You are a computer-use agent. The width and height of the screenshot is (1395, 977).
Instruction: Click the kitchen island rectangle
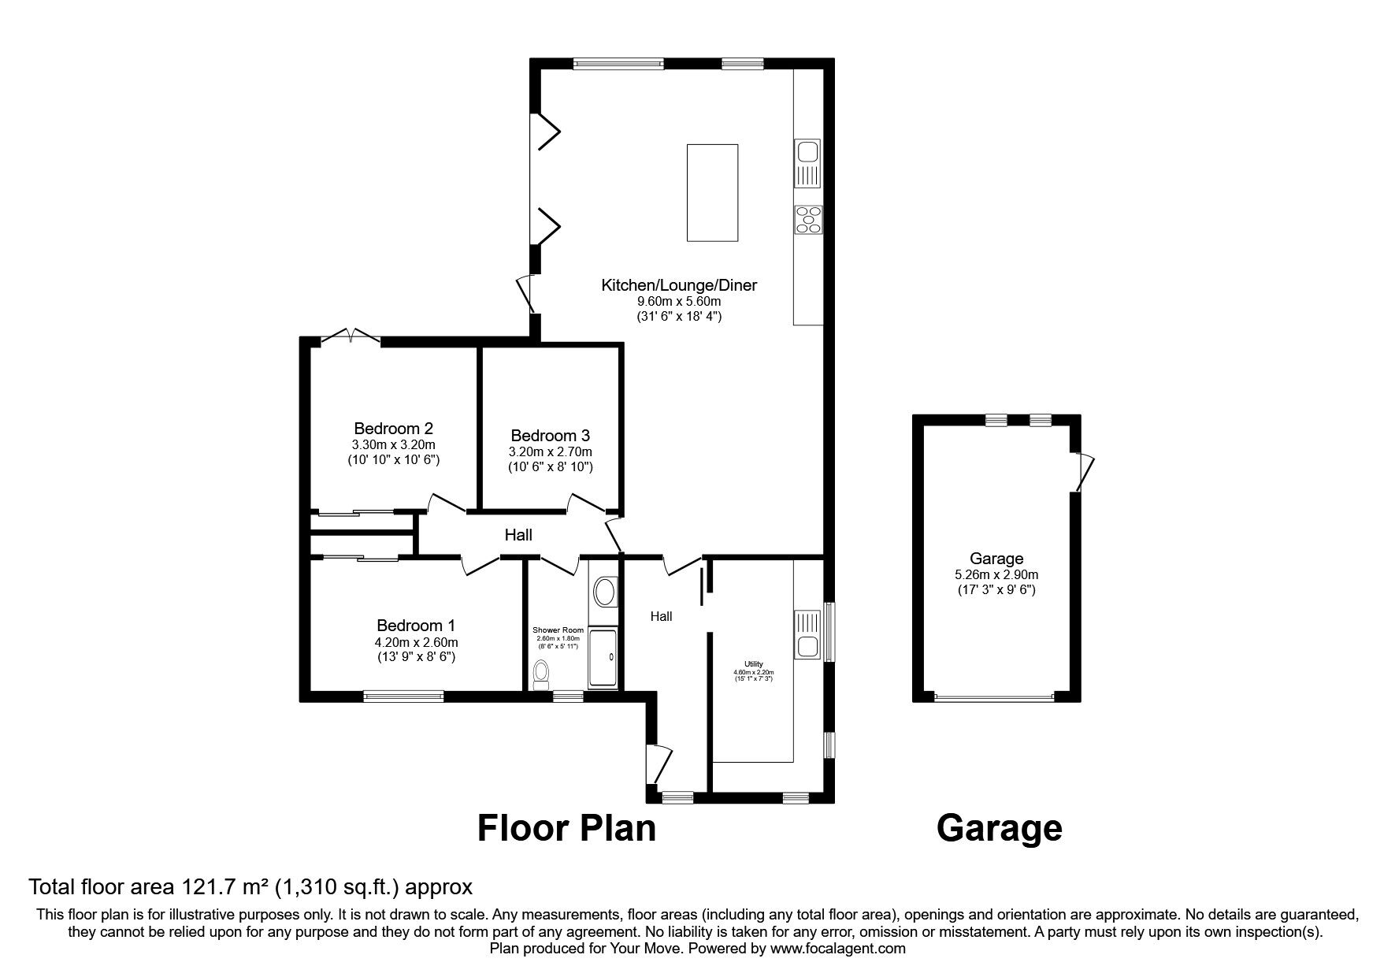tap(712, 192)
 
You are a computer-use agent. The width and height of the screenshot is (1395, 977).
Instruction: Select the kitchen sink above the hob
tap(809, 164)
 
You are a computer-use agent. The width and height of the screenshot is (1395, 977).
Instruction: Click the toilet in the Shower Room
tap(541, 674)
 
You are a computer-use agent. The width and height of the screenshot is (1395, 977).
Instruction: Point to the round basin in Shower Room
tap(605, 590)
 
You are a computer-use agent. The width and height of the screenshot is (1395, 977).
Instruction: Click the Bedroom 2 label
tap(393, 429)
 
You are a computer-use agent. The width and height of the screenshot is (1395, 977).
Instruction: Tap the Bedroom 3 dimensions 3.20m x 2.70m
tap(550, 451)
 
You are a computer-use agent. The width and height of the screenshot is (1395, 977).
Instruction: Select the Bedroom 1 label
tap(415, 626)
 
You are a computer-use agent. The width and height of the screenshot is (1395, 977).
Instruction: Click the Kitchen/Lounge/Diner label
tap(678, 285)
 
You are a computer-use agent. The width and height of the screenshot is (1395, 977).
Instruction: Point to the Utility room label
tap(754, 664)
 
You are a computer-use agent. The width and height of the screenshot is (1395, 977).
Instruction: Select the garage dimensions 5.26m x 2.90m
tap(996, 574)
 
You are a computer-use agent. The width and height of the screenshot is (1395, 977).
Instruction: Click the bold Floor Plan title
tap(566, 829)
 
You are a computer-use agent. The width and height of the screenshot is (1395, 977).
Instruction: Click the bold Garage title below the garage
tap(999, 829)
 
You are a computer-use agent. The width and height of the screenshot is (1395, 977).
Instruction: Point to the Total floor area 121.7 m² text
tap(250, 887)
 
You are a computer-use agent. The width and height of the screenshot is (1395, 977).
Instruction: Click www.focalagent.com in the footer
tap(837, 949)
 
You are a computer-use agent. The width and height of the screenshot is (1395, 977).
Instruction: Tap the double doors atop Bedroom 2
tap(351, 336)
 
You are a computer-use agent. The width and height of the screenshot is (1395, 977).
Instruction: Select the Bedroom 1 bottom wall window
tap(403, 696)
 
